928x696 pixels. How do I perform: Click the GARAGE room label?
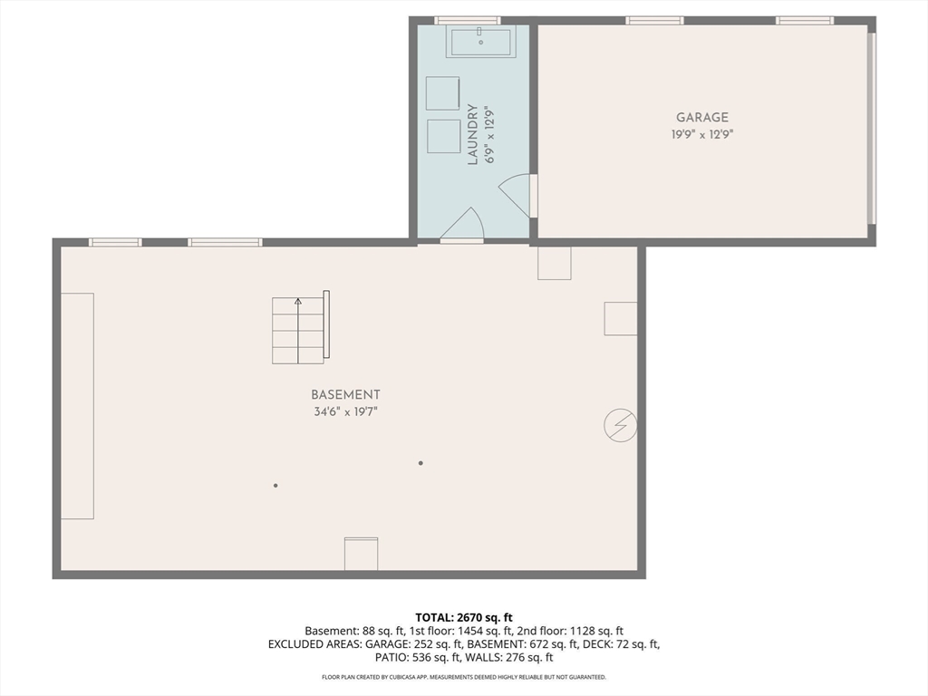[x=701, y=117]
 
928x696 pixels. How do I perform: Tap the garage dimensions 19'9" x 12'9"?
[x=701, y=134]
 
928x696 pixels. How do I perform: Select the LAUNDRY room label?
[x=472, y=134]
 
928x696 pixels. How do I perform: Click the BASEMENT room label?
[x=345, y=394]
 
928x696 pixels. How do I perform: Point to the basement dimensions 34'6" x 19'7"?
[x=345, y=412]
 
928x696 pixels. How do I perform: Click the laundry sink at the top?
[x=480, y=42]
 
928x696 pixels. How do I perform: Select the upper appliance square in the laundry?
[x=443, y=93]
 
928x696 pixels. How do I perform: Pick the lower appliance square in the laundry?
[x=443, y=136]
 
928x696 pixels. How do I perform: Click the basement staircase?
[x=300, y=330]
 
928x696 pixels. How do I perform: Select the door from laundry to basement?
[x=462, y=227]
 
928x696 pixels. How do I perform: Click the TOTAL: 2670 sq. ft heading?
[x=463, y=617]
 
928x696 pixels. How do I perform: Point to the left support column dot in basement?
[x=275, y=486]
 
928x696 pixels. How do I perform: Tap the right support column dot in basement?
[x=420, y=463]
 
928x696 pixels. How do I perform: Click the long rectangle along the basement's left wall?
[x=77, y=406]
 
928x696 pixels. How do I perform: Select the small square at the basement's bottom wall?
[x=361, y=554]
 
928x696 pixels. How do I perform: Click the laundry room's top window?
[x=467, y=20]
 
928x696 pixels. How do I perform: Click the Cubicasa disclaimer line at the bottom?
[x=463, y=677]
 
